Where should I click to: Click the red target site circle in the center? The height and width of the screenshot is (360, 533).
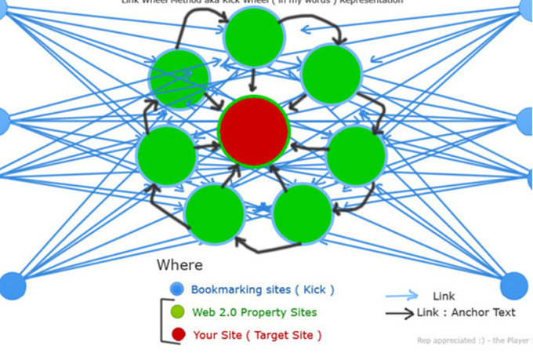[255, 131]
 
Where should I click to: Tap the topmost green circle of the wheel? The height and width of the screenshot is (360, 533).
[253, 37]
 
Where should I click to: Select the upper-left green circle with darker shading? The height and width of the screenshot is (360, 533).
[180, 78]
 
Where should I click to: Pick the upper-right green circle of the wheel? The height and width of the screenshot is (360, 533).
[331, 75]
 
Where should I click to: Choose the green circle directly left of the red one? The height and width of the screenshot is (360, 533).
[166, 155]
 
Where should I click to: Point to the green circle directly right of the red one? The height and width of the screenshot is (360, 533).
[356, 156]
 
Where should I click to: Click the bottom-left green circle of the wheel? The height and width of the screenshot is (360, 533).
[215, 213]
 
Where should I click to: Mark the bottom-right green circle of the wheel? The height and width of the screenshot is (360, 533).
[303, 213]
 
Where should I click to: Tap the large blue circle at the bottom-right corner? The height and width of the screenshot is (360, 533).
[515, 286]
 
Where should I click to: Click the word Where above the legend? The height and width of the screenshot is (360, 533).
[179, 265]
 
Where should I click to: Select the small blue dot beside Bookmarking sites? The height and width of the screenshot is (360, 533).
[177, 289]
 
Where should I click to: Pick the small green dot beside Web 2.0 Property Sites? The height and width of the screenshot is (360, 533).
[178, 312]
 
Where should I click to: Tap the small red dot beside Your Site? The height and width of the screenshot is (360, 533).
[178, 335]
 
